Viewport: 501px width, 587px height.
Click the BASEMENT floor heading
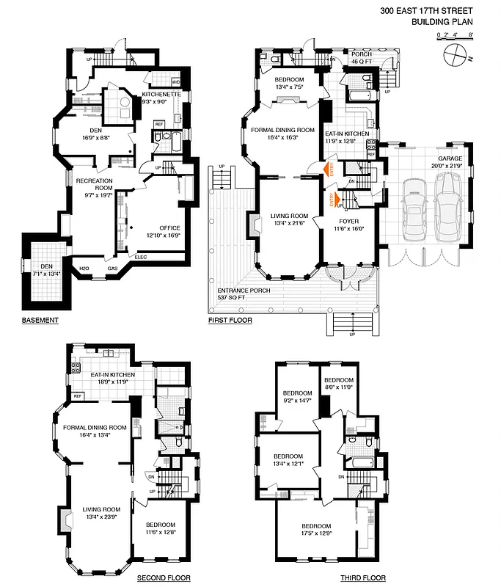[x=40, y=321]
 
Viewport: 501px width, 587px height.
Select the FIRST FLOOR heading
[x=230, y=321]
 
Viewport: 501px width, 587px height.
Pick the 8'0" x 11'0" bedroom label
[x=339, y=386]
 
